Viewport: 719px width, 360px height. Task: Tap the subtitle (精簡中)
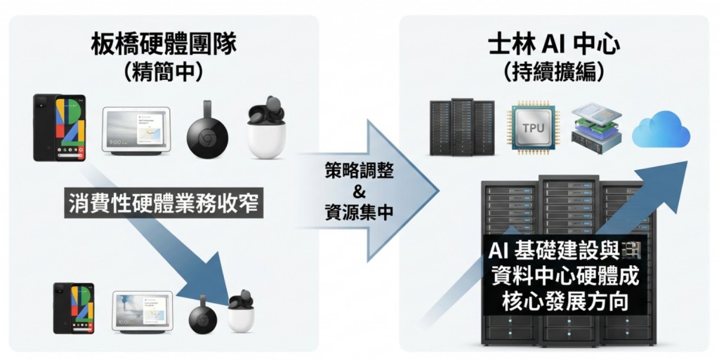click(x=164, y=72)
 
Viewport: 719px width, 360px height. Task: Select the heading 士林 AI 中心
click(x=555, y=44)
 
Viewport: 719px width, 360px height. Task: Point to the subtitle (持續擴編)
click(x=555, y=72)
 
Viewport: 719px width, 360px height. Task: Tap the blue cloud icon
click(x=661, y=129)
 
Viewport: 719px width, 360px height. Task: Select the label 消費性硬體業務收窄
click(x=164, y=204)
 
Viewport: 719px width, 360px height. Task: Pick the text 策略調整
click(x=359, y=171)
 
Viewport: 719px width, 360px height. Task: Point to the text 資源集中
click(x=359, y=213)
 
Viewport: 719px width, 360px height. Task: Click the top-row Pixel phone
click(x=60, y=127)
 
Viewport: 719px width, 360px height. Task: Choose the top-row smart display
click(x=136, y=131)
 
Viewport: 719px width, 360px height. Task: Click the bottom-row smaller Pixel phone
click(x=74, y=307)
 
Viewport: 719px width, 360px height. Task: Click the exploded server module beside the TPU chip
click(x=596, y=128)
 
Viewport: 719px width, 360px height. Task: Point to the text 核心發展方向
click(x=565, y=302)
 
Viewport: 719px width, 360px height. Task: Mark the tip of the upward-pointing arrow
click(x=687, y=161)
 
